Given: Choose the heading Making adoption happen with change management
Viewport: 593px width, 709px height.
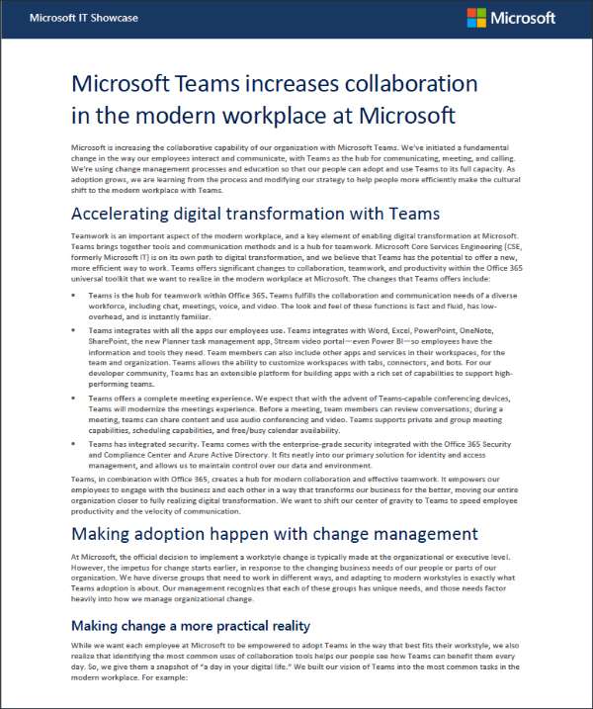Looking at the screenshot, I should (x=260, y=533).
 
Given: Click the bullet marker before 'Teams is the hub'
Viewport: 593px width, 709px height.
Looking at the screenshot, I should (x=76, y=296).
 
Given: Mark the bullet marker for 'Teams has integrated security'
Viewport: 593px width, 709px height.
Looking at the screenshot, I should (x=76, y=445).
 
